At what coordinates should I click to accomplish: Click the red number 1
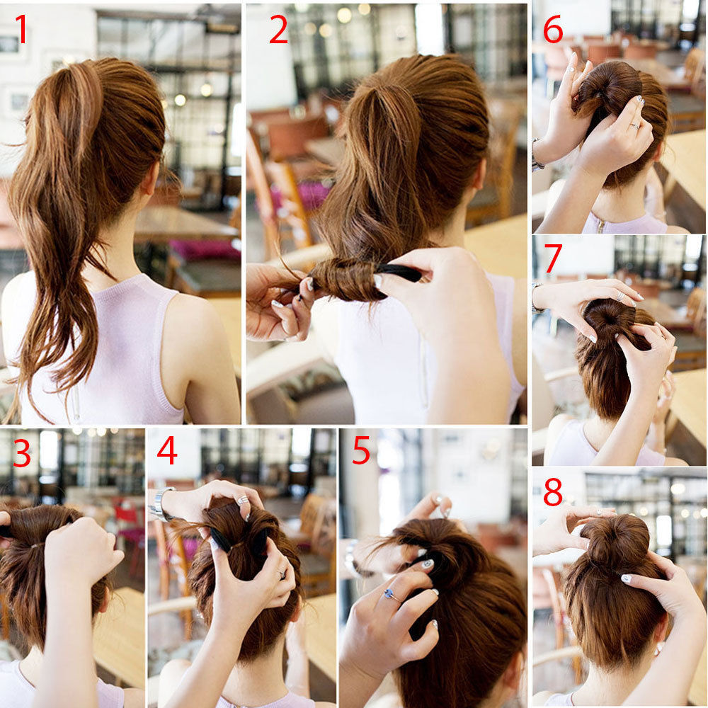pos(21,29)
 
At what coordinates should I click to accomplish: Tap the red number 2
pos(278,29)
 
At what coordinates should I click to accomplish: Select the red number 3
pos(22,453)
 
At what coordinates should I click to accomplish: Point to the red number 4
pos(167,450)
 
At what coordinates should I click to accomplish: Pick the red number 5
pos(361,450)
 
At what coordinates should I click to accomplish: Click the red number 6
pos(553,29)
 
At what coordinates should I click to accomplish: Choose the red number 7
pos(554,258)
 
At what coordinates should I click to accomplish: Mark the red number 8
pos(553,492)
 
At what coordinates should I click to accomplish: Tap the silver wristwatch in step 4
pos(159,503)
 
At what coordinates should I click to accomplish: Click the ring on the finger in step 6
pos(635,126)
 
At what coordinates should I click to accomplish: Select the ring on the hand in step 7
pos(621,296)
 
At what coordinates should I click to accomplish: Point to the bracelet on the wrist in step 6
pos(536,155)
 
